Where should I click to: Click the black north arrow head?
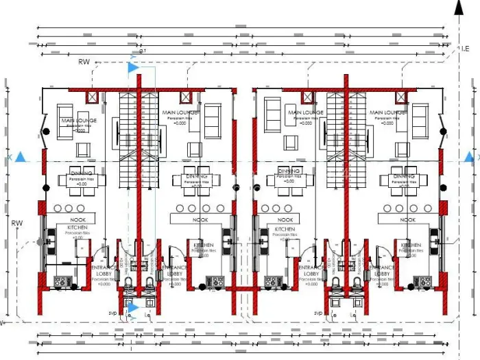point(459,7)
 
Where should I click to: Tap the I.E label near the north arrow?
point(465,48)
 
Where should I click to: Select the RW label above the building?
point(84,62)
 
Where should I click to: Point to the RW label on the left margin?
point(17,223)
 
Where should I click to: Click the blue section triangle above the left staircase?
point(133,67)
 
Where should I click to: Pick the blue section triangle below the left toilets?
point(133,308)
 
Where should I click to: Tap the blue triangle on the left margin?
point(21,158)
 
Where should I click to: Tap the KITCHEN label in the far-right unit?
point(411,245)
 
